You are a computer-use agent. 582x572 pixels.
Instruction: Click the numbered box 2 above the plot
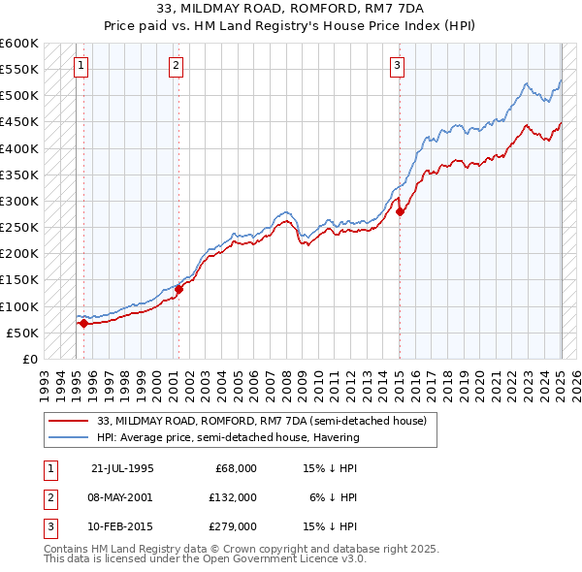176,66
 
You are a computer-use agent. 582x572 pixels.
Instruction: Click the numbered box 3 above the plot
398,66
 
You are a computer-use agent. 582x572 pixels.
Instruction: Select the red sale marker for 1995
83,324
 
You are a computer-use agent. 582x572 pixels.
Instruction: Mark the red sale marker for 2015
400,212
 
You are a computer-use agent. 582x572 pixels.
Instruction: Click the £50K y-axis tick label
23,333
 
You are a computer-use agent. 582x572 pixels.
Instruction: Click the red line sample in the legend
71,421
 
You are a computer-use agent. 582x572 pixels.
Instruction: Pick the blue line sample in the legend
71,437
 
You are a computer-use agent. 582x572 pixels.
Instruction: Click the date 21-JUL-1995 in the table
122,467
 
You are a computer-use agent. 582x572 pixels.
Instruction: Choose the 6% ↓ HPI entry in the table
333,496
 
